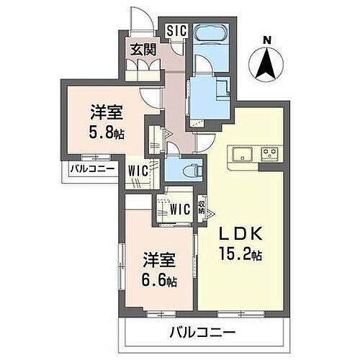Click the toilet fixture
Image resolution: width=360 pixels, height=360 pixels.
point(187,170)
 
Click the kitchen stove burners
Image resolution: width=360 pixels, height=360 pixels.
point(270,153)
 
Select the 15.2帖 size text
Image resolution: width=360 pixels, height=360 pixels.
point(237,254)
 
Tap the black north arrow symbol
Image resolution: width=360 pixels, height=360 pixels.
point(267,64)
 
